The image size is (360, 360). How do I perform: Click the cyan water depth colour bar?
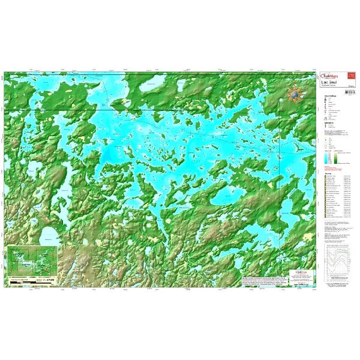pyautogui.click(x=328, y=158)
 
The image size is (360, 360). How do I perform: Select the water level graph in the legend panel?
pyautogui.click(x=338, y=265)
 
